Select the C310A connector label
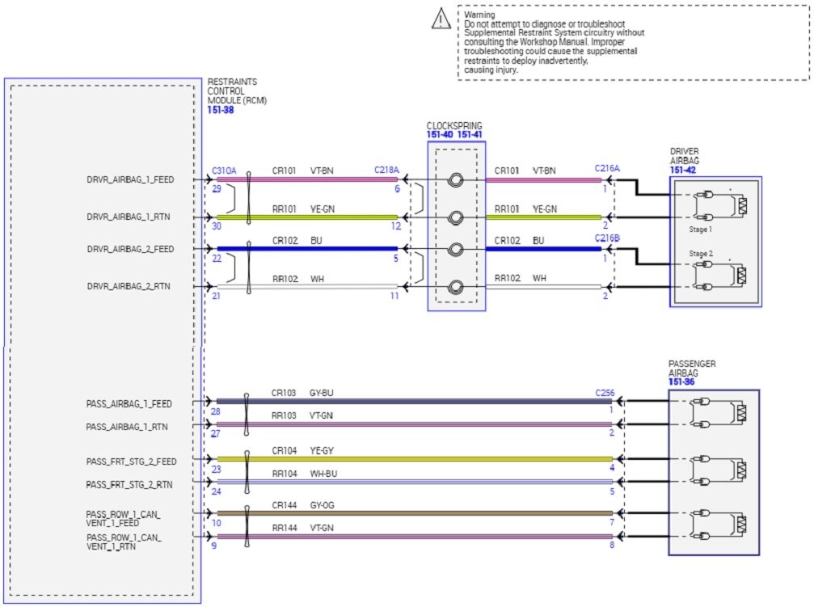(223, 171)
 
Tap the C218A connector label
(386, 171)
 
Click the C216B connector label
(607, 238)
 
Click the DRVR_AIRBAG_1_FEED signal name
(130, 179)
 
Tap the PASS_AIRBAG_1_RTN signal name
(129, 426)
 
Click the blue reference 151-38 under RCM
(221, 109)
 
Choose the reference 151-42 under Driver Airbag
(683, 171)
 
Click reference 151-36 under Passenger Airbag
(681, 382)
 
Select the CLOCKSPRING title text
(454, 126)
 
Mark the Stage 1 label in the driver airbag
(699, 229)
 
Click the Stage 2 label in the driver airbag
(699, 253)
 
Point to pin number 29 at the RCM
(216, 188)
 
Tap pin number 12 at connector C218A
(395, 226)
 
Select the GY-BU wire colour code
(322, 393)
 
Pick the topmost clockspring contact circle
(456, 180)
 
